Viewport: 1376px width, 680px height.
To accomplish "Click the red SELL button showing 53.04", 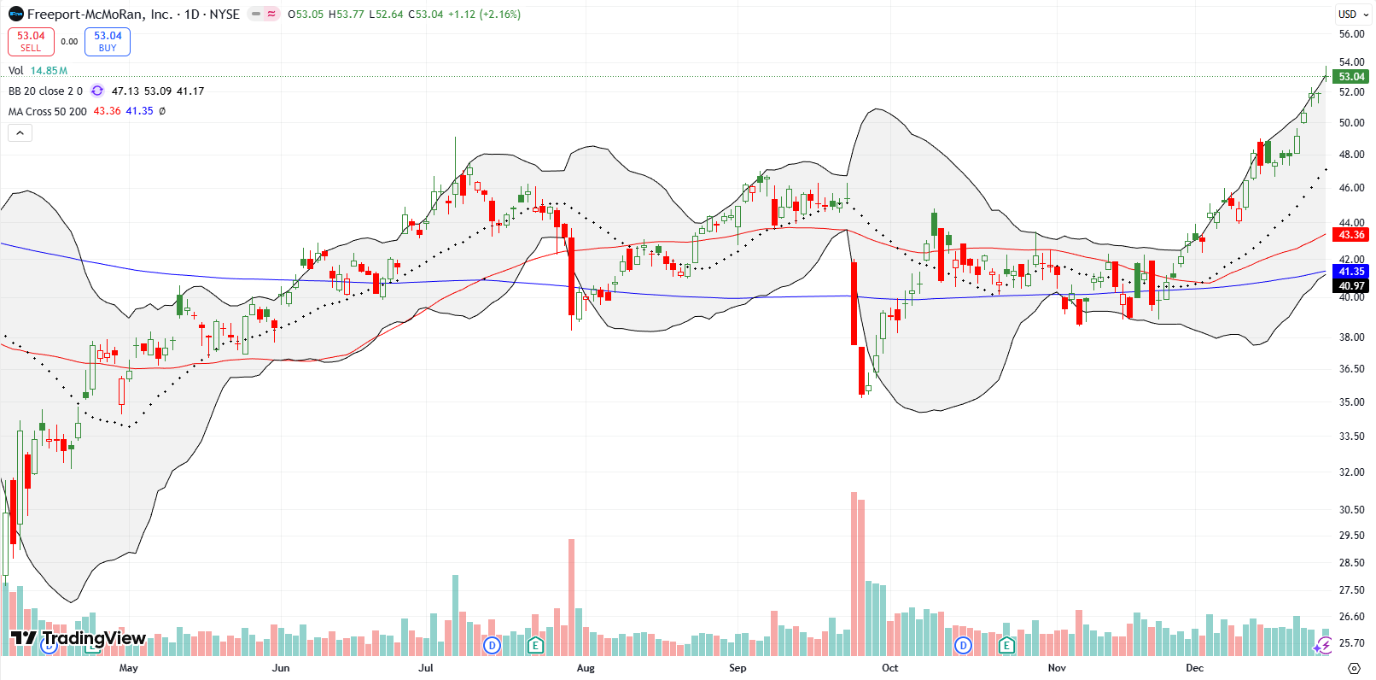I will [x=31, y=41].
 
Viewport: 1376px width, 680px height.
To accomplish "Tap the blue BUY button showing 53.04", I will [x=108, y=41].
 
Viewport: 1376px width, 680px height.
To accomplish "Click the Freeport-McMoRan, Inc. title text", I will [x=99, y=15].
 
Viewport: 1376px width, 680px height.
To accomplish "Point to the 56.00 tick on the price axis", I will [x=1351, y=34].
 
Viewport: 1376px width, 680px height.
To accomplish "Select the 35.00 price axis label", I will [x=1351, y=402].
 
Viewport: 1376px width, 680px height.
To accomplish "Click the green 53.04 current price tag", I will [x=1351, y=77].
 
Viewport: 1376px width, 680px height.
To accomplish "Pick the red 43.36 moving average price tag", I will [x=1351, y=235].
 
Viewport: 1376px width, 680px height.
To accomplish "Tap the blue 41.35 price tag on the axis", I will [x=1351, y=272].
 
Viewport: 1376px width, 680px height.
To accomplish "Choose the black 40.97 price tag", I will [x=1351, y=286].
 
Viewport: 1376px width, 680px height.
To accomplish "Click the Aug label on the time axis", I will [x=586, y=668].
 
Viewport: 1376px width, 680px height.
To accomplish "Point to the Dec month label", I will [x=1194, y=668].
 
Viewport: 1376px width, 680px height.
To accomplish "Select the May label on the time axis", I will [x=129, y=668].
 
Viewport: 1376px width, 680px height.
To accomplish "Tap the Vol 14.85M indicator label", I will [x=38, y=71].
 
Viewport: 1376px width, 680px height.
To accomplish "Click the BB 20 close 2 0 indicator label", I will [x=45, y=91].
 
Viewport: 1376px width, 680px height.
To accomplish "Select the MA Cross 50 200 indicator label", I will [x=48, y=112].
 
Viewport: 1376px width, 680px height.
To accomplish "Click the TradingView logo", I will [x=79, y=638].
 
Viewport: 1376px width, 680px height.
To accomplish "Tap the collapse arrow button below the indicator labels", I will [x=20, y=132].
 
